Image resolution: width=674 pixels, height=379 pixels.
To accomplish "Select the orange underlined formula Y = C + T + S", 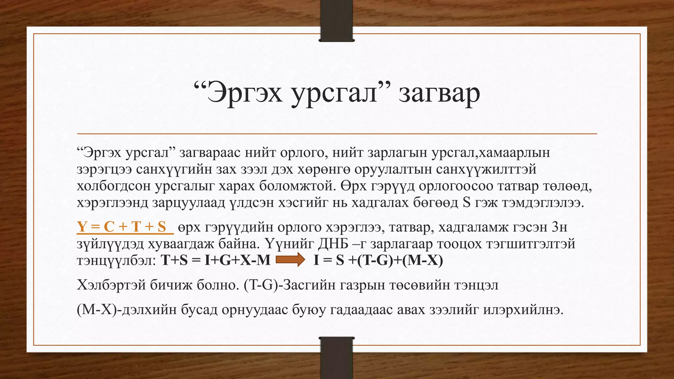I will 122,227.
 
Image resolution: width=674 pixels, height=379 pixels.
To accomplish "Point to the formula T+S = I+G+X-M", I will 216,260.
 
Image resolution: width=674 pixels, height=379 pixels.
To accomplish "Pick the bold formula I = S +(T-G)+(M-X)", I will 378,260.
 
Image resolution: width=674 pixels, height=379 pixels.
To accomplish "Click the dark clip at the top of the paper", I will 337,32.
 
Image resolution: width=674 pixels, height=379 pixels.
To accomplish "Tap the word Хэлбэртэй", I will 111,285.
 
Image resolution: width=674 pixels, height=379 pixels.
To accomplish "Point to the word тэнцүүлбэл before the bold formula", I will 116,261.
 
